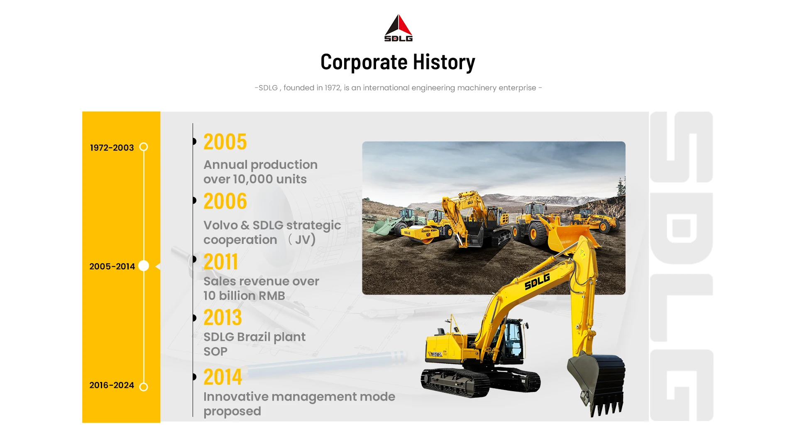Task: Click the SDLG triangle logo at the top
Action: coord(398,28)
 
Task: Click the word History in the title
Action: coord(444,62)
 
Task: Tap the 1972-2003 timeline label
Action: coord(112,148)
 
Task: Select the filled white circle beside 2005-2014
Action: coord(144,266)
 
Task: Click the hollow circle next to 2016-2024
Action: coord(144,387)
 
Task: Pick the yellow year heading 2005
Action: coord(225,142)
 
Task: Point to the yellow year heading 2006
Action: coord(225,201)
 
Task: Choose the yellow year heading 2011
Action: coord(220,262)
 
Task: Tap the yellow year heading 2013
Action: coord(222,318)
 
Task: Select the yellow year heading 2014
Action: coord(222,377)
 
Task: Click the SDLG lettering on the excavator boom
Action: coord(537,282)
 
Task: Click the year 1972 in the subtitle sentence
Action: coord(332,88)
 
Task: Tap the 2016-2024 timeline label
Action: coord(112,385)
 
